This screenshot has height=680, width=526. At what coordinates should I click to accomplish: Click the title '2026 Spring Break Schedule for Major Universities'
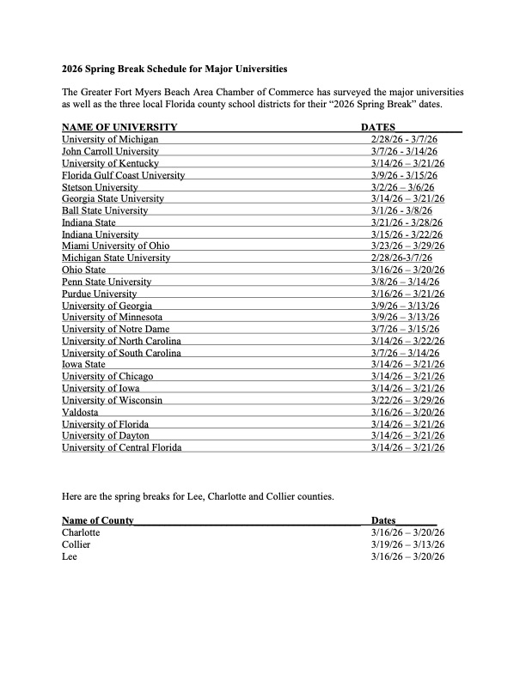174,67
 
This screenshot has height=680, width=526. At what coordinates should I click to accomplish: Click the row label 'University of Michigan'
110,139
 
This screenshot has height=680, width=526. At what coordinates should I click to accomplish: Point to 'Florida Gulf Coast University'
123,175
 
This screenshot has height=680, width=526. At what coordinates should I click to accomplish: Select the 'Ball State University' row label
105,210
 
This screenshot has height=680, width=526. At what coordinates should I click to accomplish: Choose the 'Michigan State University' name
116,258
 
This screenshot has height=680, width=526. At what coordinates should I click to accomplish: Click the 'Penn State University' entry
107,282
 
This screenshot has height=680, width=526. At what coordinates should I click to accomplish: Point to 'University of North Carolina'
121,342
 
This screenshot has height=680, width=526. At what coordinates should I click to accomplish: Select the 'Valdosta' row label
80,412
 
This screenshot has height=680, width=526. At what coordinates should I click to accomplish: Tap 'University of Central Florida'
121,448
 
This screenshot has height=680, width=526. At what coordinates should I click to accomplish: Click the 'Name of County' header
97,520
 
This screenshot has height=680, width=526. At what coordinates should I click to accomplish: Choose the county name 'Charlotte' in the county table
81,532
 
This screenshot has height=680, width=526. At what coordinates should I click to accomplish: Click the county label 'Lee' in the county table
70,556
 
